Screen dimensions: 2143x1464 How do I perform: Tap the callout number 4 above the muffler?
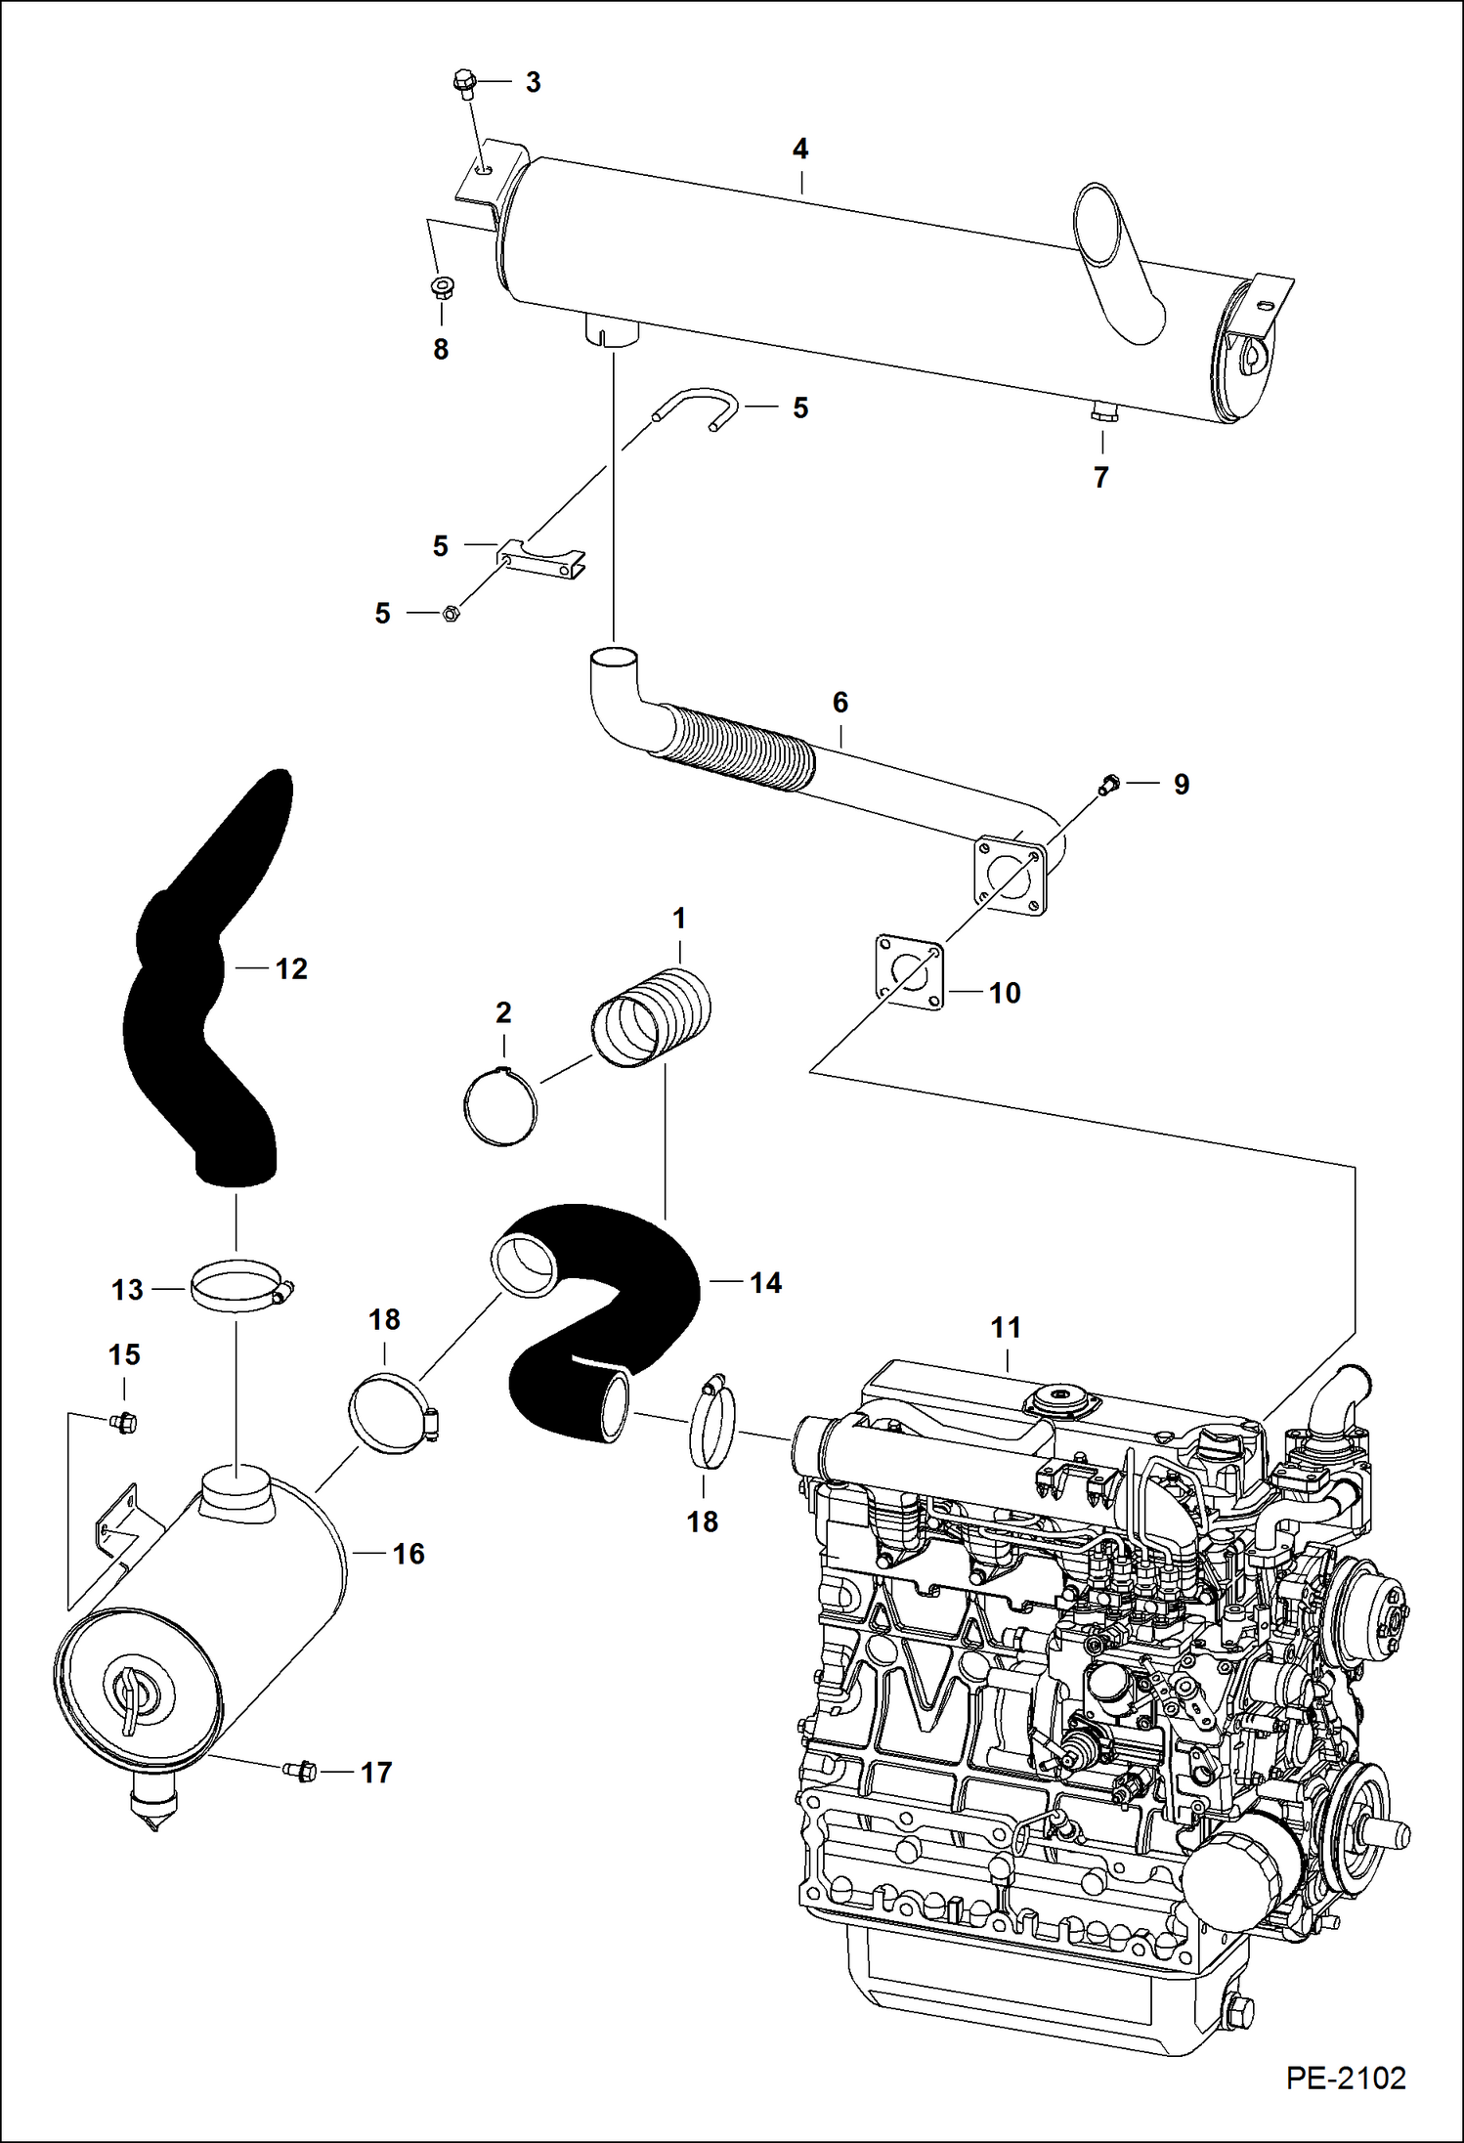click(x=800, y=150)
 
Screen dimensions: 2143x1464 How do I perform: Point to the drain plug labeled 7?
click(x=1100, y=414)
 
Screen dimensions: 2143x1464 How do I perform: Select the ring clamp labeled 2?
click(x=500, y=1107)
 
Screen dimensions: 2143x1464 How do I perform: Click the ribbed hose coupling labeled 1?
click(x=651, y=1017)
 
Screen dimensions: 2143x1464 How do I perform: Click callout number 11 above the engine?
click(x=1006, y=1327)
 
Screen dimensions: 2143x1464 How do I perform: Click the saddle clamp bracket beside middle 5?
click(x=543, y=558)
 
